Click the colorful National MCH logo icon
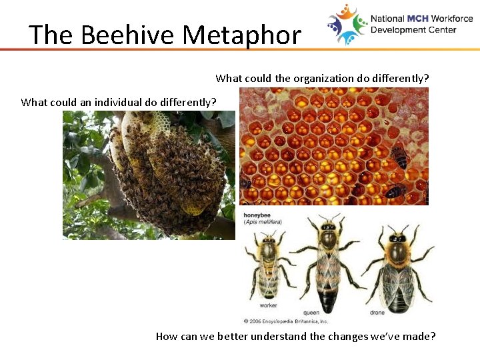pyautogui.click(x=347, y=24)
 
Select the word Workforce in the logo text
pyautogui.click(x=452, y=19)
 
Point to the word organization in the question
pyautogui.click(x=318, y=78)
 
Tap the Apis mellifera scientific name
pyautogui.click(x=264, y=221)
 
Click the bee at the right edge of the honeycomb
pyautogui.click(x=400, y=157)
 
